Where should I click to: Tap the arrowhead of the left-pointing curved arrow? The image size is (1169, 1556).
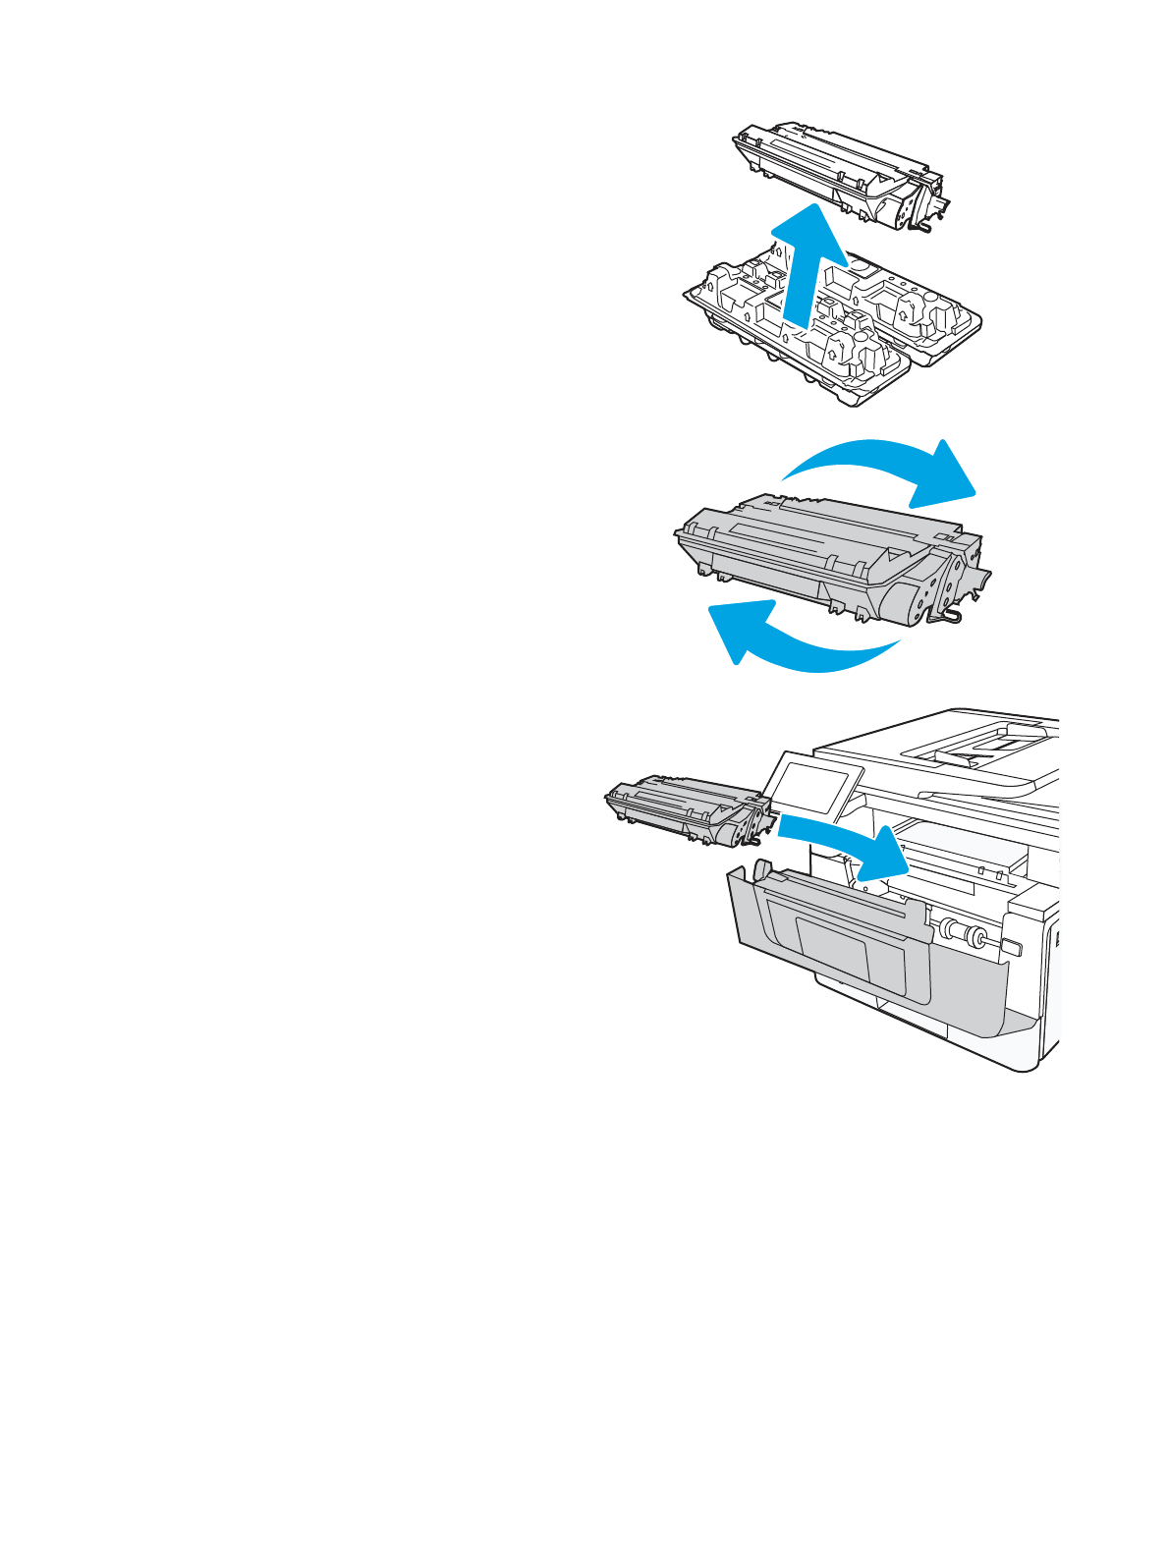pos(732,634)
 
